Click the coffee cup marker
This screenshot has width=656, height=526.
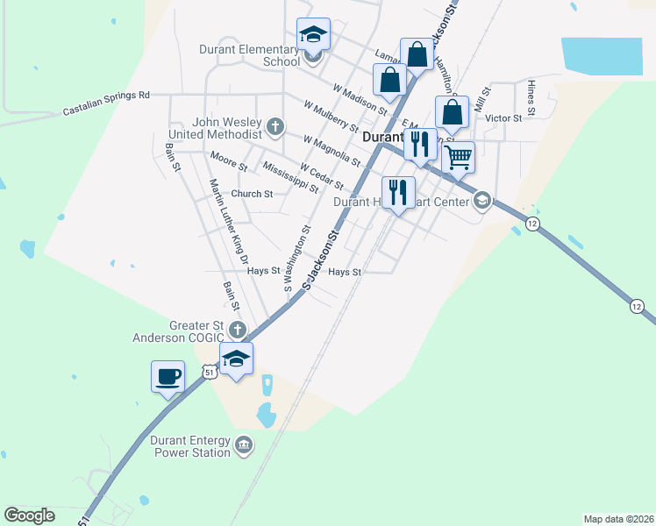(x=168, y=378)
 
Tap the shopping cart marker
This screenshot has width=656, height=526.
(x=458, y=159)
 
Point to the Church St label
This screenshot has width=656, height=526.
(x=252, y=194)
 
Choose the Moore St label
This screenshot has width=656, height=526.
(x=229, y=161)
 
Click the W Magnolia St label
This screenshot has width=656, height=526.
(x=332, y=151)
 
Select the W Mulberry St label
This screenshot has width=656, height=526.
(x=331, y=116)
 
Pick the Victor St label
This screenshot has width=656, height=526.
(x=503, y=117)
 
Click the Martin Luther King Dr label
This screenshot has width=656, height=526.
(x=230, y=221)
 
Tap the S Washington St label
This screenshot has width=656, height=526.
(x=296, y=258)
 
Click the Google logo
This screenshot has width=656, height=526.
(x=29, y=515)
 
